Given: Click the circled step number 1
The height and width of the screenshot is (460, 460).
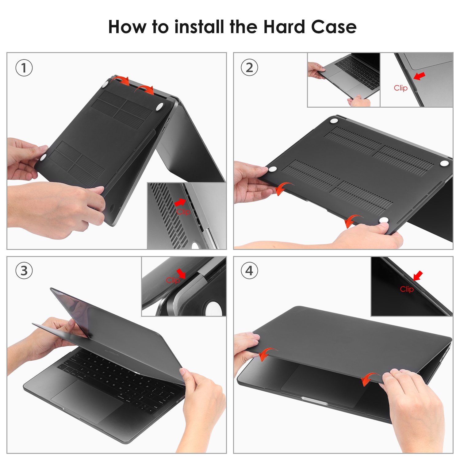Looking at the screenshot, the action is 24,68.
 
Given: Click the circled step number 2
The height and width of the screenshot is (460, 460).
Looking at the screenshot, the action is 249,68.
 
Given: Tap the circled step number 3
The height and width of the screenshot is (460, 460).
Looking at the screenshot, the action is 24,271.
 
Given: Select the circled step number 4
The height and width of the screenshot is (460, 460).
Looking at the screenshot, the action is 249,271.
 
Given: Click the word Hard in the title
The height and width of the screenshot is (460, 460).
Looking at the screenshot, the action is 284,27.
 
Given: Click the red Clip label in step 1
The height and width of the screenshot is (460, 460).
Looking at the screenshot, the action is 183,212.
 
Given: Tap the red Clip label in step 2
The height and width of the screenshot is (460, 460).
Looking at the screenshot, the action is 401,88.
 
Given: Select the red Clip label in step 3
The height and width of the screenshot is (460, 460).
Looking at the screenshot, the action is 173,280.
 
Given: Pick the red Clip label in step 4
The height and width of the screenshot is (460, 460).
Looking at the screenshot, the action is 407,289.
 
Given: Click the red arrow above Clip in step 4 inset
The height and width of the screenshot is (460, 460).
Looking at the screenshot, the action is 418,275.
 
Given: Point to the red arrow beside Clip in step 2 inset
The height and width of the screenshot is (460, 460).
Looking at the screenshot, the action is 419,75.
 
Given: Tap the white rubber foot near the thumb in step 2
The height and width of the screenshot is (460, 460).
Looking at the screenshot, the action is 384,220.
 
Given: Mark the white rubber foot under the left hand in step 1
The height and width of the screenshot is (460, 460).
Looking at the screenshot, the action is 43,157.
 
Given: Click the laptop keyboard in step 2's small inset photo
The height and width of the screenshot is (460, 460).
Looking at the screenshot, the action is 358,72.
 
